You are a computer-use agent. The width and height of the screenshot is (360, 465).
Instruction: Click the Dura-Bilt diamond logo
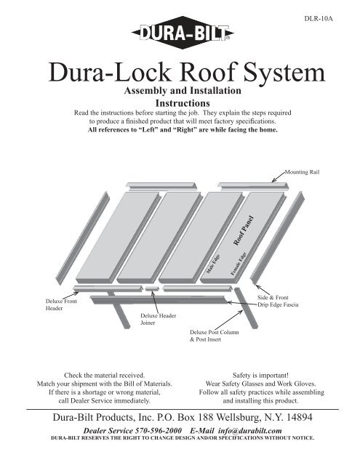183,33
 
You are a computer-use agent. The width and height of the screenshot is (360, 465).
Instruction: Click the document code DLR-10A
319,19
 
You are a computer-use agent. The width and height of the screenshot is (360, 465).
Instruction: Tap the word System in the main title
284,72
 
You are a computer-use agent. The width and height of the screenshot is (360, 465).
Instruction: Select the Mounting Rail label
302,172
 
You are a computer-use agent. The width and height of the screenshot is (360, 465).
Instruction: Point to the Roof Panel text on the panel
244,231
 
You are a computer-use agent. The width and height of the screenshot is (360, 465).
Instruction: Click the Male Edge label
213,264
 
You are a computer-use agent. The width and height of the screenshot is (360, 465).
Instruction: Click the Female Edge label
239,264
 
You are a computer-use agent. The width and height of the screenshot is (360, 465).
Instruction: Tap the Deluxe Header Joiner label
159,319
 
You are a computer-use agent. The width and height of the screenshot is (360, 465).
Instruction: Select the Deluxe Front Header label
61,304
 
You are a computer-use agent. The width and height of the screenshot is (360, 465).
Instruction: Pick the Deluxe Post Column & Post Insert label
215,336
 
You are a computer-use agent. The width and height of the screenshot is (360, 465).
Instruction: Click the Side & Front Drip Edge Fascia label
278,301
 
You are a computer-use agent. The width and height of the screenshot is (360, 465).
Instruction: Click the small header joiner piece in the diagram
152,288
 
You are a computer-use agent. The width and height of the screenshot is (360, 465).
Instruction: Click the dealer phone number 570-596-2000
159,431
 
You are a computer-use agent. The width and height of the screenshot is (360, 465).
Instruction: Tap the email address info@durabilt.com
250,431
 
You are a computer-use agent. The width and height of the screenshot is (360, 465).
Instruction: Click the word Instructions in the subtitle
183,103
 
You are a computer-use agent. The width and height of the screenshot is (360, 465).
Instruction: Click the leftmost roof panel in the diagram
119,238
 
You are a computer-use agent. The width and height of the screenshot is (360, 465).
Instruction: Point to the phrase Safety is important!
260,375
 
